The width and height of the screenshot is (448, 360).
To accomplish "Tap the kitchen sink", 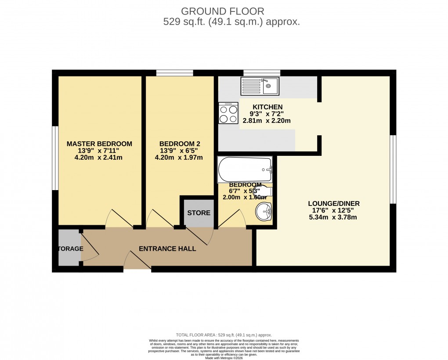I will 259,86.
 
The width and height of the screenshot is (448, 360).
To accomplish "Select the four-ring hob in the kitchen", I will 228,113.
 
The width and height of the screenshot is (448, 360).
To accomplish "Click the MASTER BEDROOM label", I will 99,144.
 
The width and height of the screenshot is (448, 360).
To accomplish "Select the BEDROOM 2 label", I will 180,144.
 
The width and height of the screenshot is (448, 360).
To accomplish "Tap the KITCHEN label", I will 267,107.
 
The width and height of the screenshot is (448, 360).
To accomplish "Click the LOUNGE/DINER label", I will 333,203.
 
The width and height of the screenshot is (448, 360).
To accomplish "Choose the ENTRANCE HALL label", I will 167,248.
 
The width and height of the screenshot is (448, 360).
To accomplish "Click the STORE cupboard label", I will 199,213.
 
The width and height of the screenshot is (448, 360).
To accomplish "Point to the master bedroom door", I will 119,218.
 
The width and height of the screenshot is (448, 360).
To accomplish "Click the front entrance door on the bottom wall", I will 137,261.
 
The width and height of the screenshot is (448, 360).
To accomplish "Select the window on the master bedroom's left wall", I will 55,158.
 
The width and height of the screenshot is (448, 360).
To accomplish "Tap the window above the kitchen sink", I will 262,73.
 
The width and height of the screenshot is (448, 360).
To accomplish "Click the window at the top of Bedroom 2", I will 174,73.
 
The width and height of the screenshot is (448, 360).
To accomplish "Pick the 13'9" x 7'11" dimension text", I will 99,151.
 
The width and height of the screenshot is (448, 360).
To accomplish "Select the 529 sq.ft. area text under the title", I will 231,22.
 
